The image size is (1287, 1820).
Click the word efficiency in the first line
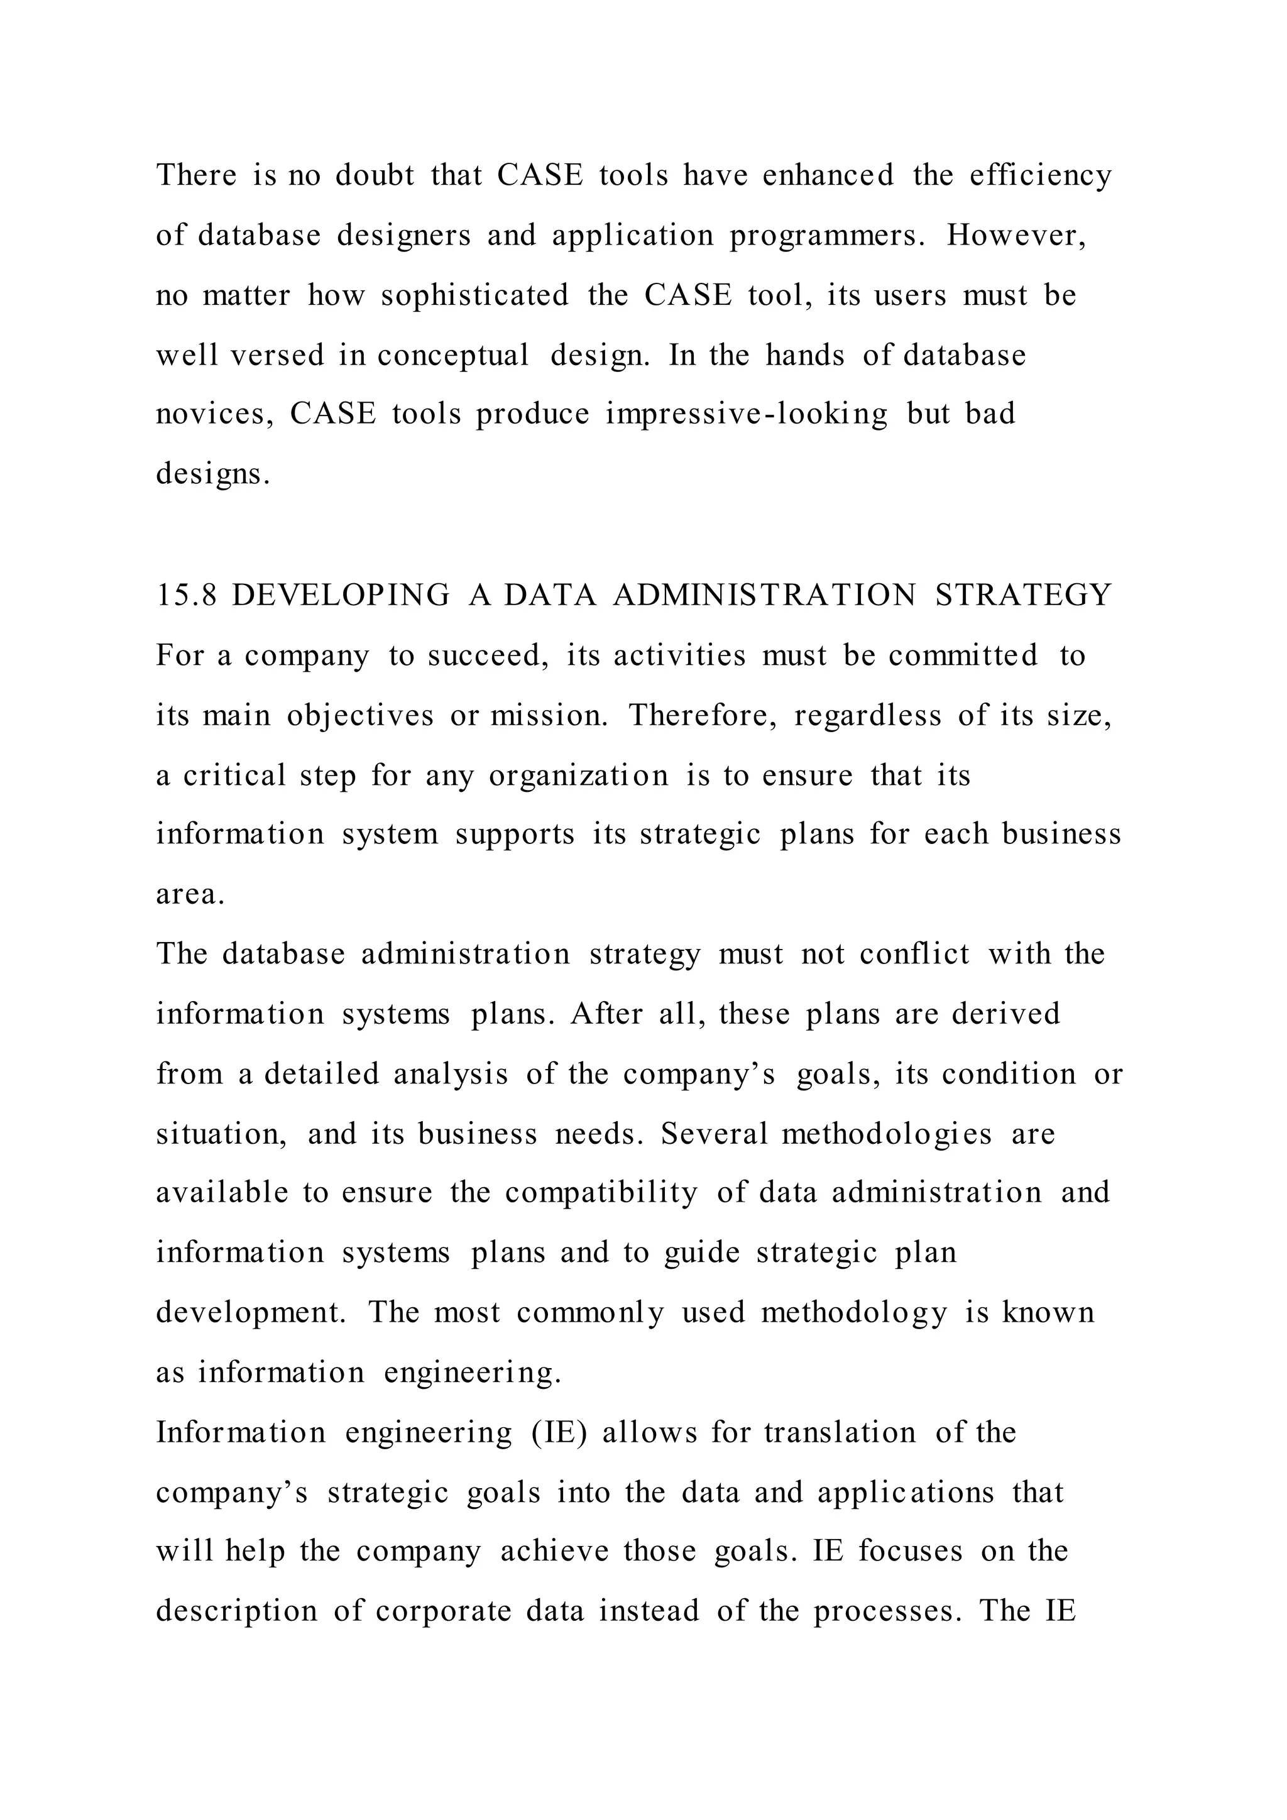(x=1041, y=176)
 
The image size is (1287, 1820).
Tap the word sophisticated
(x=474, y=295)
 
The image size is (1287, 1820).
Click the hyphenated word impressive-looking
(x=747, y=415)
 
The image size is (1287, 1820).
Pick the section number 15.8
(x=186, y=595)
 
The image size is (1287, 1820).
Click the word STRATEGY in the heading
(x=1024, y=595)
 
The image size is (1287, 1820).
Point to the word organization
(x=579, y=776)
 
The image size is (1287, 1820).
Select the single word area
(x=190, y=895)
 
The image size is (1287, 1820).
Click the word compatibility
(x=601, y=1194)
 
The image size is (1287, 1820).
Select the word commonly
(x=591, y=1313)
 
